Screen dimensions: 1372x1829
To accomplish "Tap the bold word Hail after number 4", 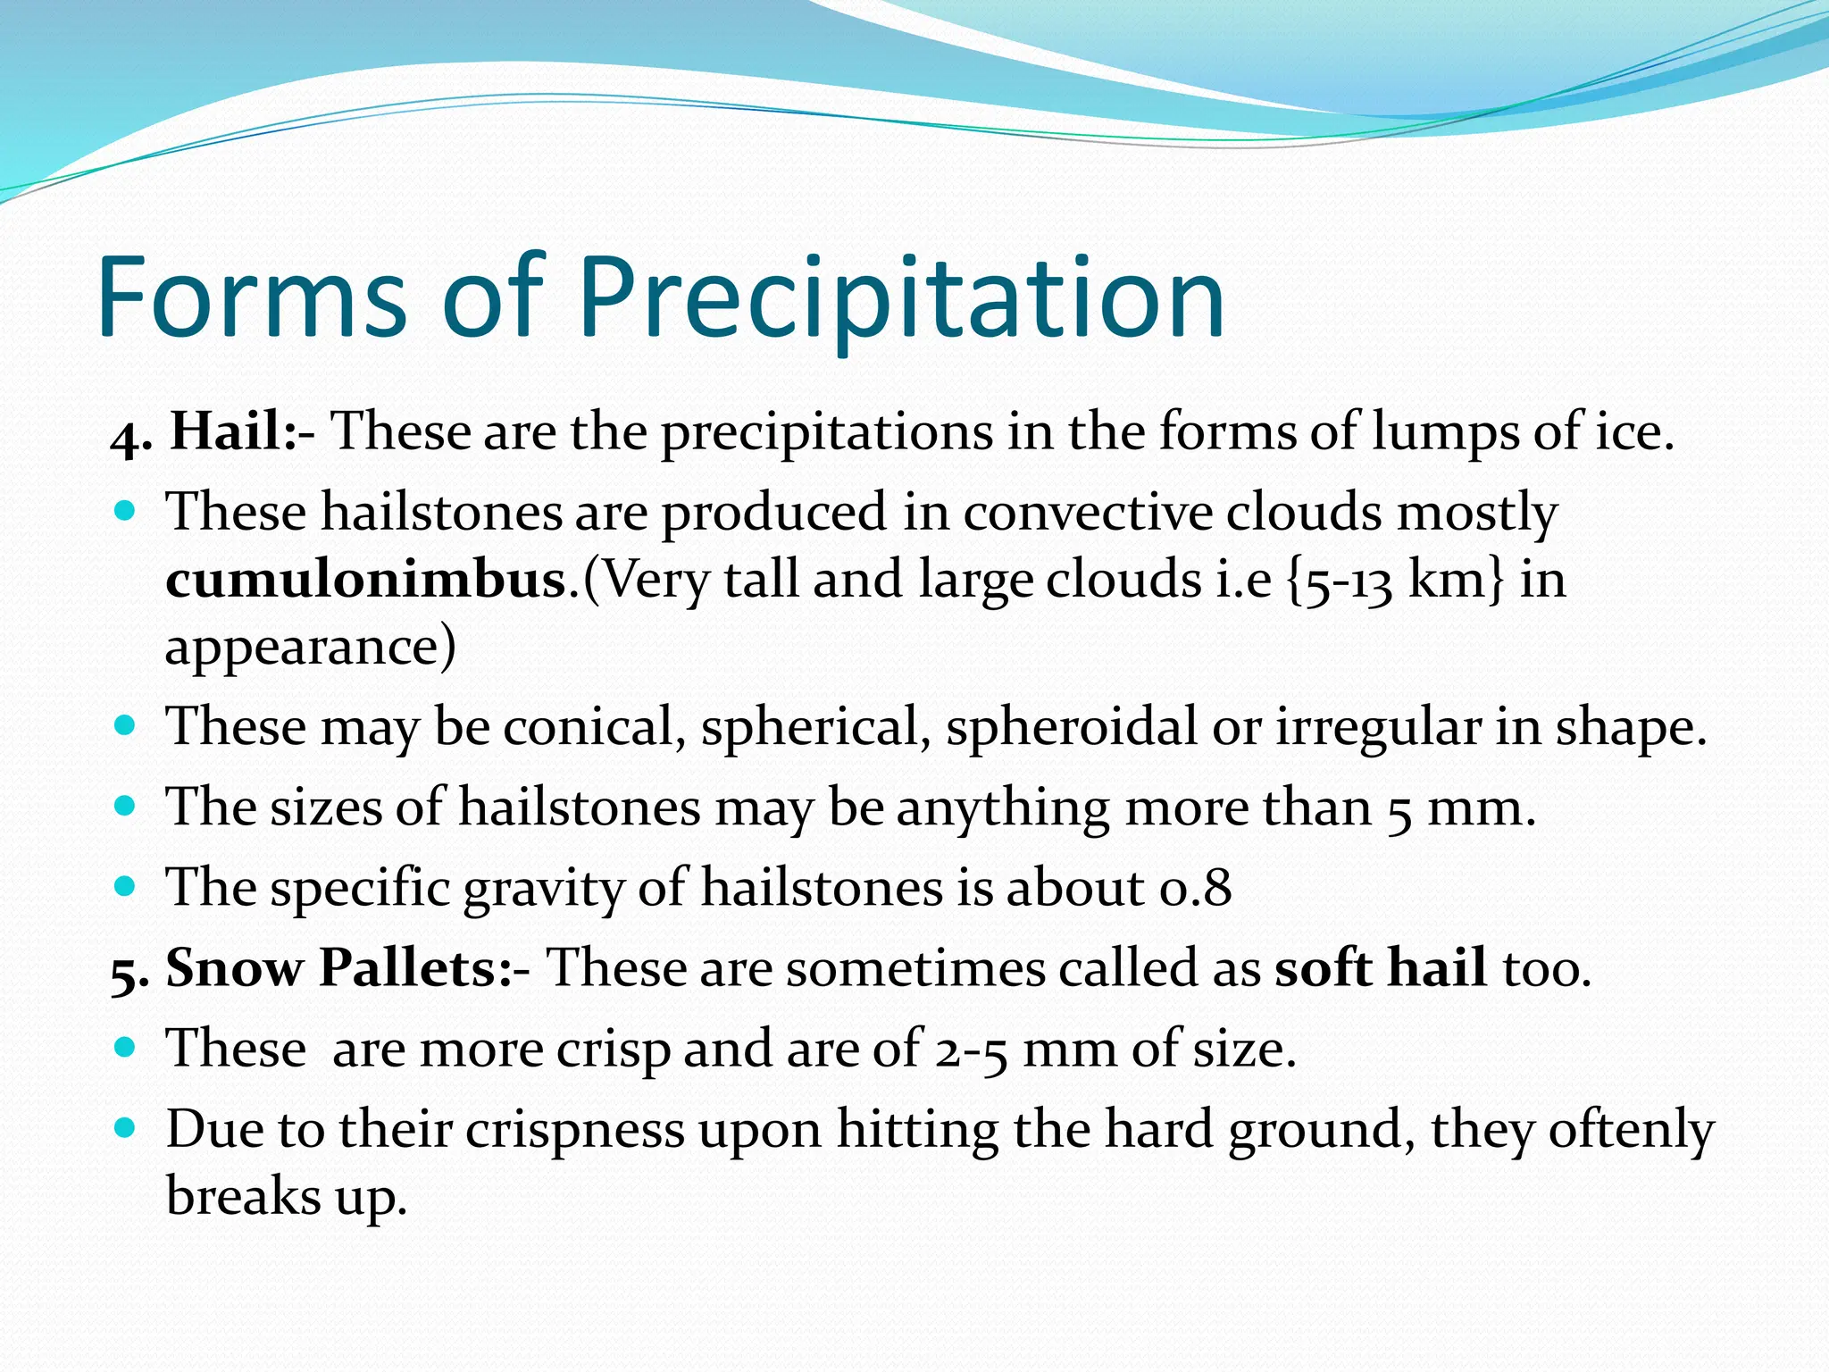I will (x=227, y=431).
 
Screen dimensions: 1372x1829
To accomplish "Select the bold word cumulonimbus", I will (x=366, y=580).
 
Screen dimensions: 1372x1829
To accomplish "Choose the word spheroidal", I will (x=1071, y=726).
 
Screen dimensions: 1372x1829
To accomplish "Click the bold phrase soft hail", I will (x=1380, y=968).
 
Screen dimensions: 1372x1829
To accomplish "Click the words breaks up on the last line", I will (x=286, y=1197).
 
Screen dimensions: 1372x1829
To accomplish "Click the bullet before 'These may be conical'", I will (x=125, y=724).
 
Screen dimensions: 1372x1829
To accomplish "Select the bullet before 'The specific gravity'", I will (x=125, y=887).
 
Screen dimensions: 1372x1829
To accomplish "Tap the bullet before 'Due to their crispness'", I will (x=125, y=1128).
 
